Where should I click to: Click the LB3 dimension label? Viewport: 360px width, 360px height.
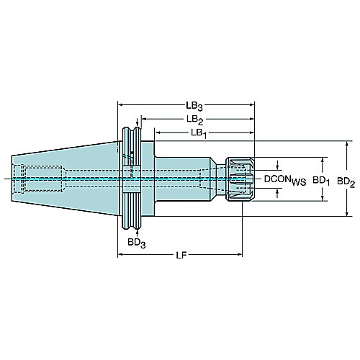(194, 106)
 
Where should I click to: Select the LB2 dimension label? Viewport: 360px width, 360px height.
(195, 120)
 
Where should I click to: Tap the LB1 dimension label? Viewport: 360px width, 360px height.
(199, 133)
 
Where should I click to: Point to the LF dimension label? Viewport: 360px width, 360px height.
(181, 256)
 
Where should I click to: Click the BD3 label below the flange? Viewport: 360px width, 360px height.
(137, 243)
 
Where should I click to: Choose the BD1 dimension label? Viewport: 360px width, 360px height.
(321, 181)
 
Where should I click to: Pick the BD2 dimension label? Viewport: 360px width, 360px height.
(346, 182)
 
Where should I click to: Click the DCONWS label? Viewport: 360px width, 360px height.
(285, 180)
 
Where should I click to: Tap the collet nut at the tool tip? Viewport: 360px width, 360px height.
(240, 179)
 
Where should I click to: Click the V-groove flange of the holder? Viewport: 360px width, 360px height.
(131, 178)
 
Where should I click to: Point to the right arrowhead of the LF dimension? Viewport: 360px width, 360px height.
(240, 254)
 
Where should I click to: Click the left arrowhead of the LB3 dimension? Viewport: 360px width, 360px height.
(120, 104)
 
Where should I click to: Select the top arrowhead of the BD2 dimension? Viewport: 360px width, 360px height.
(347, 144)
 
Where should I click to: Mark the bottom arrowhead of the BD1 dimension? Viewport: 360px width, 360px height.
(323, 198)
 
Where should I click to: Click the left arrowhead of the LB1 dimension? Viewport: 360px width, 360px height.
(158, 132)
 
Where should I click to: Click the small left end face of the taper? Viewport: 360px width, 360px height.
(12, 179)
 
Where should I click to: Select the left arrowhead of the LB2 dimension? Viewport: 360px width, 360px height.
(144, 119)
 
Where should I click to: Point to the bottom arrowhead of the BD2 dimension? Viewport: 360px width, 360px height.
(347, 213)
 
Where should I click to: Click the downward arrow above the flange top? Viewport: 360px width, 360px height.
(138, 122)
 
